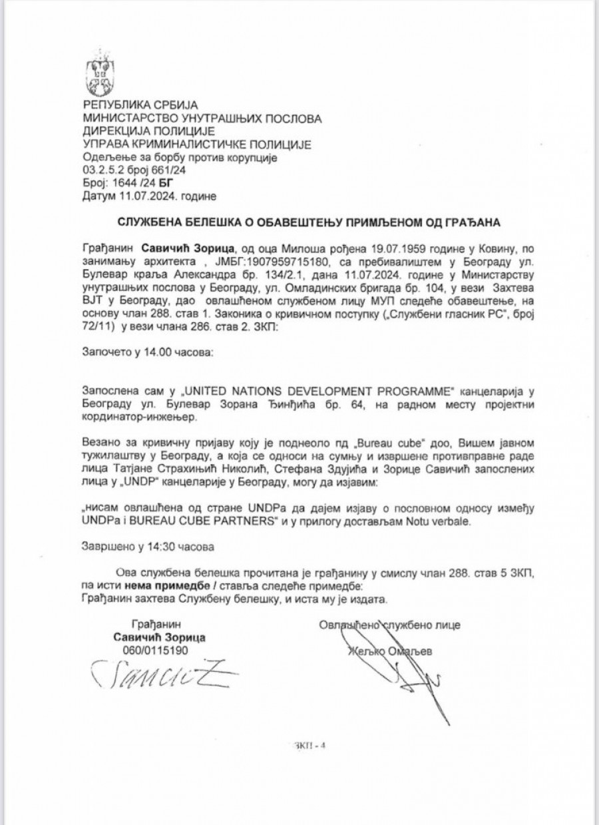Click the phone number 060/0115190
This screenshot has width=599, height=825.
156,650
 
